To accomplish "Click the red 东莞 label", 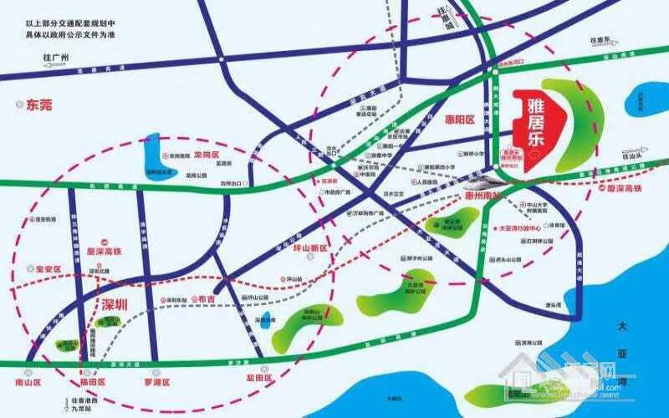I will pyautogui.click(x=38, y=105).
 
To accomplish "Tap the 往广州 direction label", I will pyautogui.click(x=59, y=57).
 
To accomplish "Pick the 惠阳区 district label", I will pyautogui.click(x=459, y=120).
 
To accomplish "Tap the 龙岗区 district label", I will pyautogui.click(x=206, y=155).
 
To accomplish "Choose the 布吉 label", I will pyautogui.click(x=204, y=298).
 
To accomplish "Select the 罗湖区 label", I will pyautogui.click(x=156, y=382).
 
